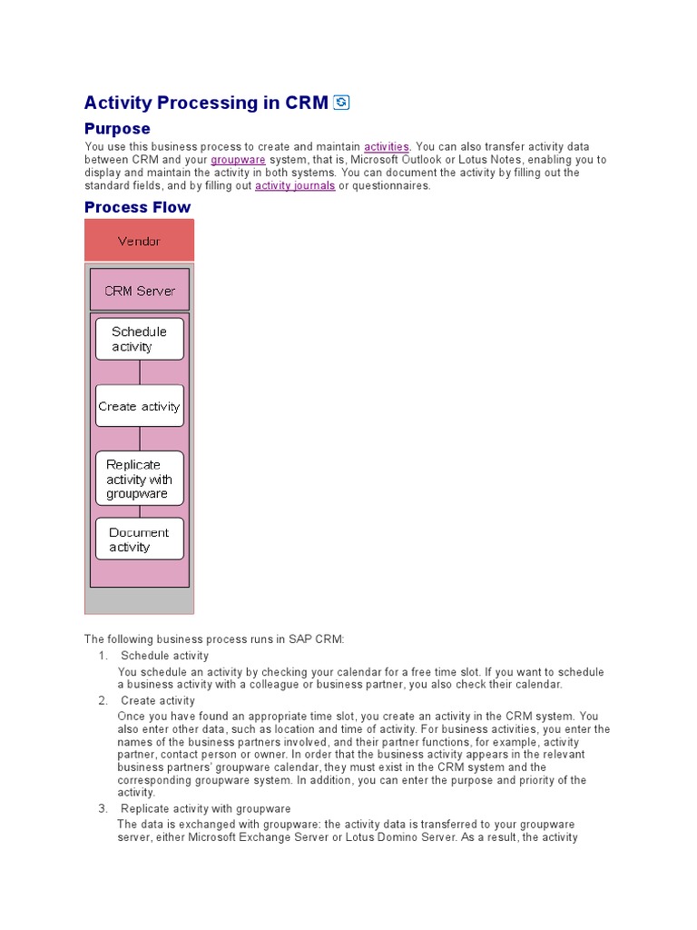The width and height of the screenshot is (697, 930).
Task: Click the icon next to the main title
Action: (x=341, y=103)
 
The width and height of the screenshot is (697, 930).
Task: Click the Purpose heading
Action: (x=117, y=129)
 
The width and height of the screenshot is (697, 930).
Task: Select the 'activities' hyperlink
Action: (x=387, y=147)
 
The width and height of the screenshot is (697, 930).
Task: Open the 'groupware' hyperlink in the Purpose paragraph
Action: (x=238, y=160)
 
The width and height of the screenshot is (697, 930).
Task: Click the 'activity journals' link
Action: (x=295, y=186)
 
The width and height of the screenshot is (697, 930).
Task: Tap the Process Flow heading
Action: (x=137, y=207)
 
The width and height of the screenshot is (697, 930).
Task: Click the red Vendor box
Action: (x=139, y=241)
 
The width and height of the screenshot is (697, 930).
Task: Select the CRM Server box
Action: (x=140, y=291)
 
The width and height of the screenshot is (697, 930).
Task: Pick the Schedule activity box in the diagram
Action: (x=140, y=339)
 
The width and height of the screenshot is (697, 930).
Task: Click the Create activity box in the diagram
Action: (x=140, y=406)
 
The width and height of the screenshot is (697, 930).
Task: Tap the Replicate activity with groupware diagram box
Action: (x=140, y=479)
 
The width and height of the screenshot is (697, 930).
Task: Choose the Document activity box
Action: (x=140, y=539)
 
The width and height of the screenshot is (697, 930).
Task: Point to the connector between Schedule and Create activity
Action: (x=140, y=372)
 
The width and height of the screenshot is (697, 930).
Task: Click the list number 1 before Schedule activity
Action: (x=103, y=656)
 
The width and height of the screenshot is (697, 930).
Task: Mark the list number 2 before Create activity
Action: (x=103, y=701)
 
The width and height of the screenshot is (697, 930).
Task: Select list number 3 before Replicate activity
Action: (x=103, y=809)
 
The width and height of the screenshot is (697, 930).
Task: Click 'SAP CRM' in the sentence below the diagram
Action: (x=320, y=639)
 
